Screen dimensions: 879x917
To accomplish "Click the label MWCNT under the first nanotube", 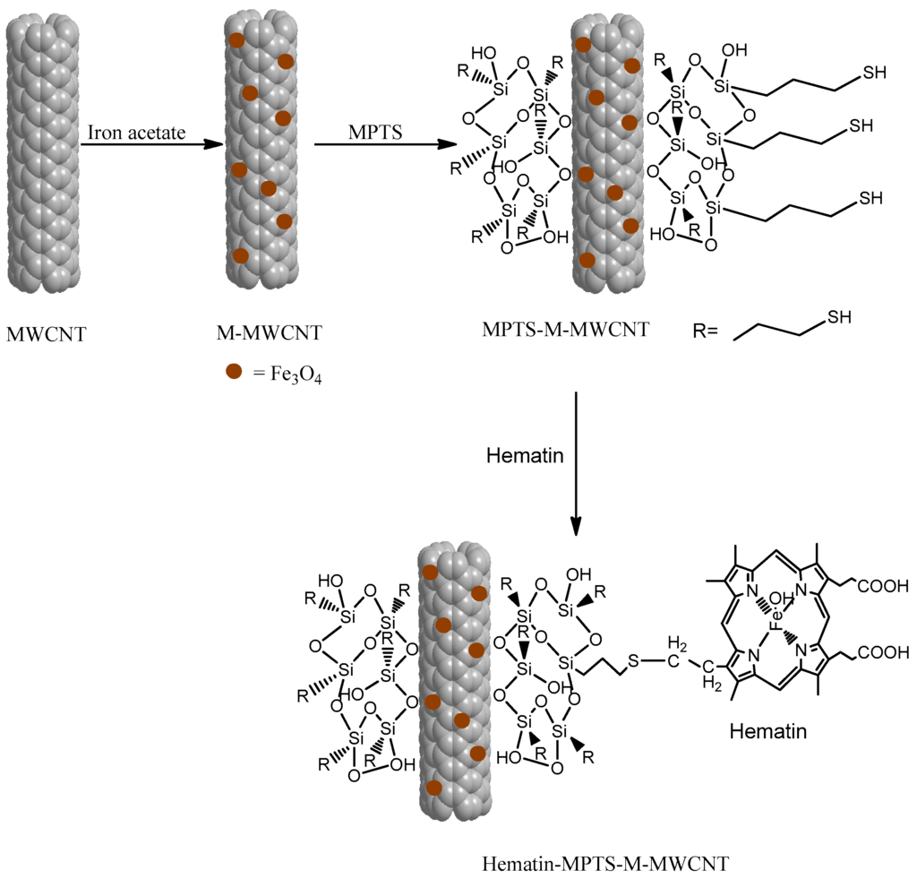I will pos(47,335).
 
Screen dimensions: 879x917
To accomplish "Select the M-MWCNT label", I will pos(269,334).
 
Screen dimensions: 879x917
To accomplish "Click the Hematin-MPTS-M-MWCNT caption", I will pos(606,864).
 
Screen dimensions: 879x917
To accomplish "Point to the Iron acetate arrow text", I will pos(136,133).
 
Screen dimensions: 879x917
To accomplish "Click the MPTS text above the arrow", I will pos(375,133).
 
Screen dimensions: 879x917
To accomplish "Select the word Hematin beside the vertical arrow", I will pos(525,455).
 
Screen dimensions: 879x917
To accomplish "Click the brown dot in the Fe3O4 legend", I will pos(235,372).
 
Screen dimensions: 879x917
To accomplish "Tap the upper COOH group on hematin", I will pos(884,588).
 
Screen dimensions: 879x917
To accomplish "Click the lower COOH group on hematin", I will pos(884,654).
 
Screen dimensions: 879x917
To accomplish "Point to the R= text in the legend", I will pos(706,332).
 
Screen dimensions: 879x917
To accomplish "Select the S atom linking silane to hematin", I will pos(633,661).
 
